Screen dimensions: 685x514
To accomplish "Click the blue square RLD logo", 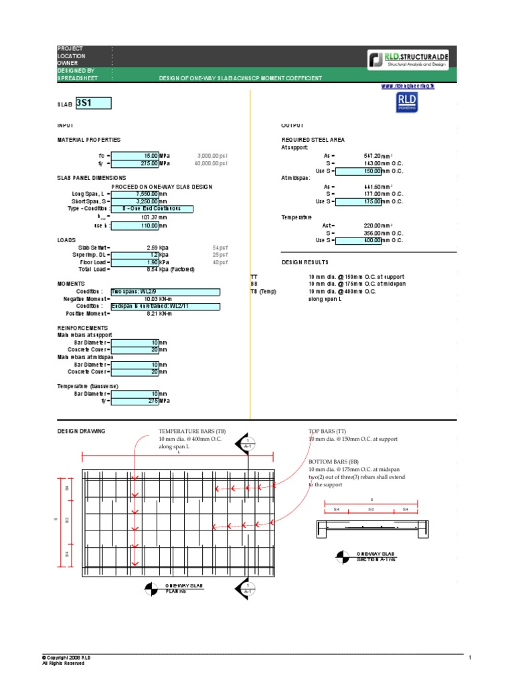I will pyautogui.click(x=407, y=101).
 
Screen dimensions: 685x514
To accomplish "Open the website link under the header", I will pyautogui.click(x=408, y=86).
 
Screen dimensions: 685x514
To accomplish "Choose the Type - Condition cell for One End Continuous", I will pyautogui.click(x=151, y=209).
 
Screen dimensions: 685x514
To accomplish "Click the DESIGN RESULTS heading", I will pyautogui.click(x=305, y=262).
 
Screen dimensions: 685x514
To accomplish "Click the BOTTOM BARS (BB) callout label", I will pyautogui.click(x=334, y=462).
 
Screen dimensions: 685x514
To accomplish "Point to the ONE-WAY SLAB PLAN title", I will pyautogui.click(x=183, y=588).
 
